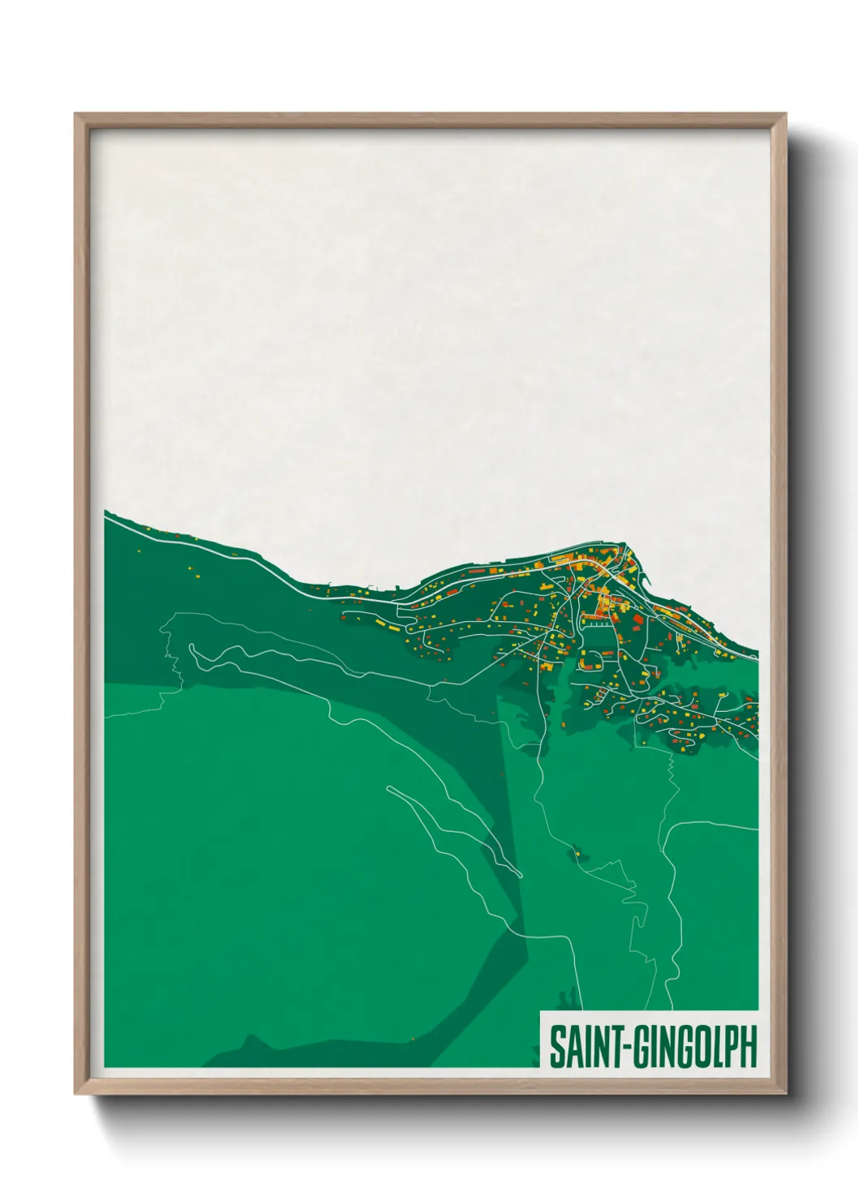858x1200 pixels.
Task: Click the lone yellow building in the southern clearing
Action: coord(577,852)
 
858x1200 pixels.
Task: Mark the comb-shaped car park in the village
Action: coord(598,624)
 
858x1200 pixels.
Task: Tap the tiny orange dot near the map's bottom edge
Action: coord(413,1038)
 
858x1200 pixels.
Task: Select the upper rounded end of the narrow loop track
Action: coord(390,787)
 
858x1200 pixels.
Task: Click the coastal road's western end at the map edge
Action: coord(106,520)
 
